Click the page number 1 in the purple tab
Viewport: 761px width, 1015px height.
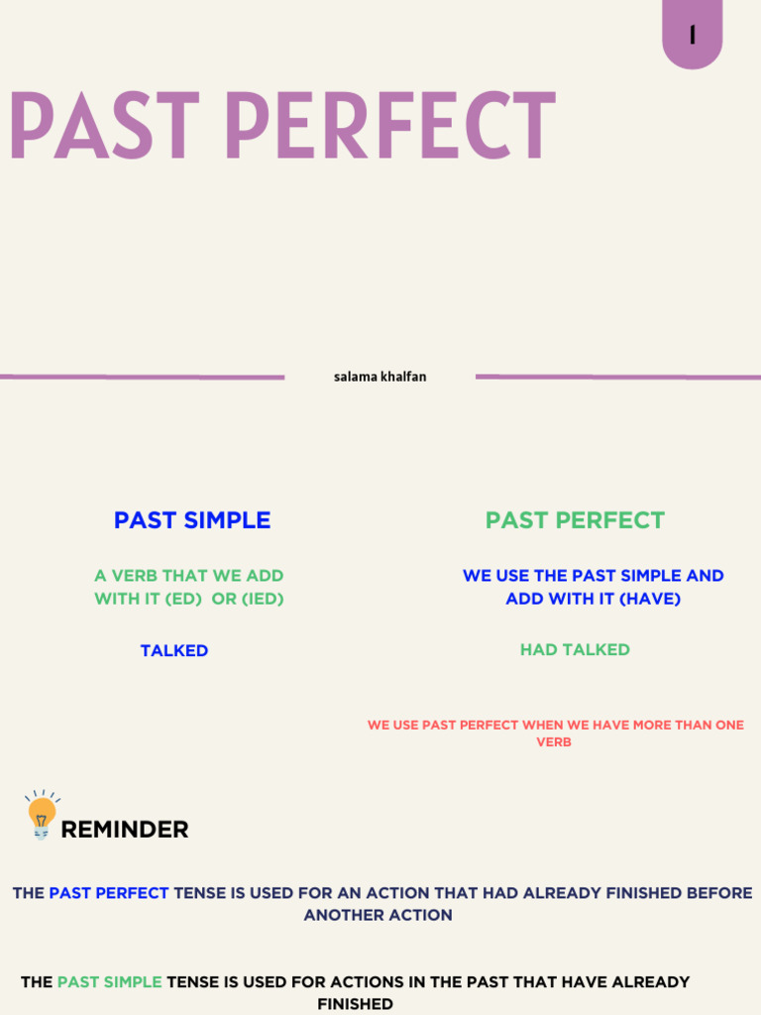[692, 36]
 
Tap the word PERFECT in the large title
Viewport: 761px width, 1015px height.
[388, 127]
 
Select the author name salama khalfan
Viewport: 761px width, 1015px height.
[380, 377]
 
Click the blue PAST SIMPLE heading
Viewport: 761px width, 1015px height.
[192, 520]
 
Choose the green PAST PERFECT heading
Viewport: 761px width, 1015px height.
[575, 520]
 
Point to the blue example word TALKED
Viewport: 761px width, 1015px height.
[174, 651]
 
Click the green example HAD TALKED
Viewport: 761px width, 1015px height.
[575, 650]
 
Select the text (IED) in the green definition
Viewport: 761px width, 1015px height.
[262, 599]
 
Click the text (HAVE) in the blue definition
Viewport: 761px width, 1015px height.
[650, 599]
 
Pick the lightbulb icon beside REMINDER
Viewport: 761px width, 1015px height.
[42, 815]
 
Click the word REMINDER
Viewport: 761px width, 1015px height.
[125, 830]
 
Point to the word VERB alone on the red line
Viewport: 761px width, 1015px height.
[554, 742]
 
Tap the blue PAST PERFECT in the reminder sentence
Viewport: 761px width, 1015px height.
[109, 893]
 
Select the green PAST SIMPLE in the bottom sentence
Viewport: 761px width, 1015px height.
[109, 982]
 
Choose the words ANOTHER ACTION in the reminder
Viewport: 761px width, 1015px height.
[378, 915]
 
